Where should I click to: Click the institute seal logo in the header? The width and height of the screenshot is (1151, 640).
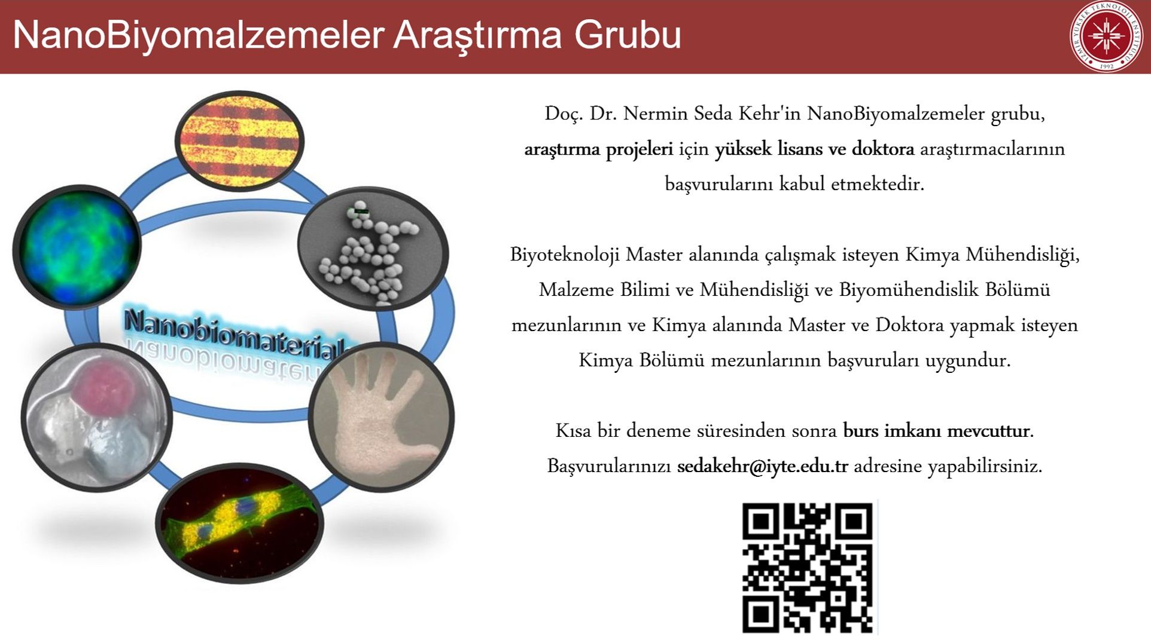tap(1106, 36)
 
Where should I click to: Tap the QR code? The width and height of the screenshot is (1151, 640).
tap(808, 568)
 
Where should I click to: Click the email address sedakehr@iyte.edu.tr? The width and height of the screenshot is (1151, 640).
tap(762, 466)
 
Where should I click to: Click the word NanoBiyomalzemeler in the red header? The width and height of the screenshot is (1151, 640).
tap(198, 35)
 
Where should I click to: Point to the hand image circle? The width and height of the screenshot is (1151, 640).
tap(381, 417)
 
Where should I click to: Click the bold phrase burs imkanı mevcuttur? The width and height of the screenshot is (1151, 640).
tap(937, 430)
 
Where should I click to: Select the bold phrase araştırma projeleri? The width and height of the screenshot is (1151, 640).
tap(598, 149)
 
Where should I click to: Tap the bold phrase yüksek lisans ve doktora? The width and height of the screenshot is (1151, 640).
tap(814, 149)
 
